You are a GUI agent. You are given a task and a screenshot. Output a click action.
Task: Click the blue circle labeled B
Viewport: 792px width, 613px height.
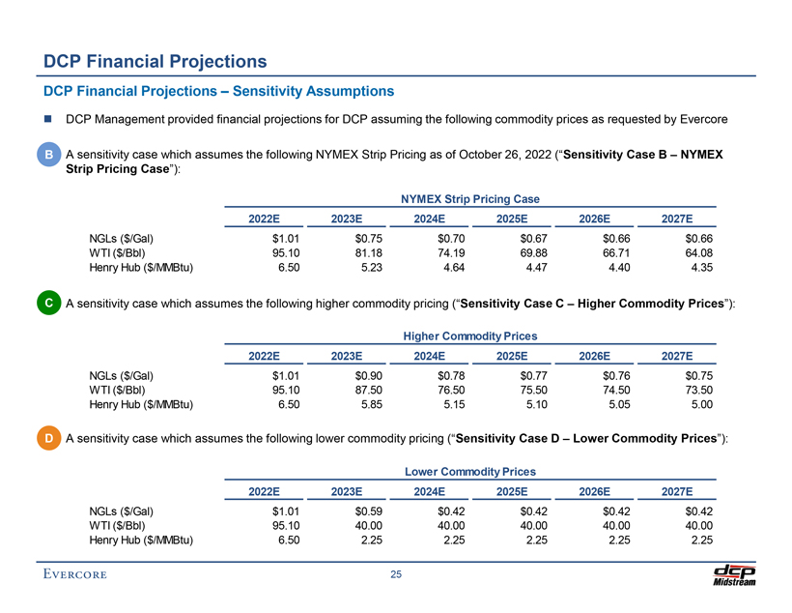[x=48, y=155]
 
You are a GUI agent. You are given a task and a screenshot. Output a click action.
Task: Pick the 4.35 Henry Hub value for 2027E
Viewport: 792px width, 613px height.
[x=698, y=272]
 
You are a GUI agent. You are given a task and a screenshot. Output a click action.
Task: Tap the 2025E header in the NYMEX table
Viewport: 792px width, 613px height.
[x=512, y=219]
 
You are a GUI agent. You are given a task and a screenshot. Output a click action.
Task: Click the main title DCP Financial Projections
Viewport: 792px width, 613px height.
[x=156, y=61]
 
